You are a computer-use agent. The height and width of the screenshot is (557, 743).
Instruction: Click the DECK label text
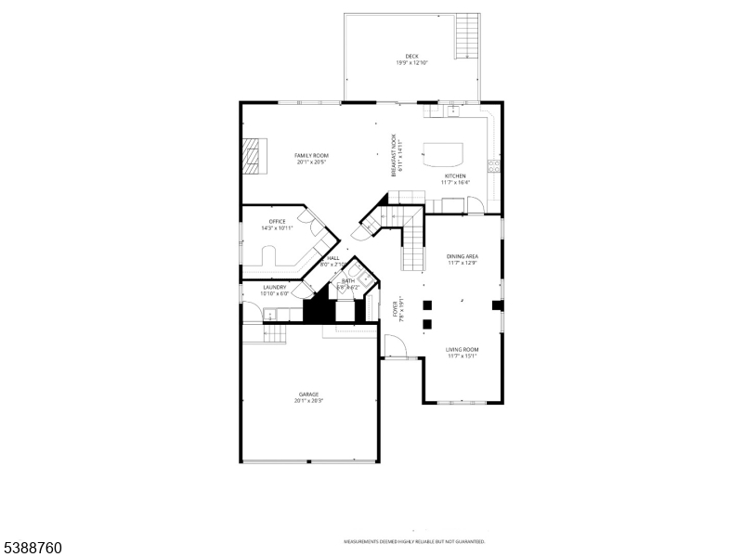[x=411, y=57]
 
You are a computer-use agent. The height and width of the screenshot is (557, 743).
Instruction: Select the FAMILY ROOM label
[x=312, y=155]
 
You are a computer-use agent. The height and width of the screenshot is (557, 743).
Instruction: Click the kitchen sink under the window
[x=452, y=110]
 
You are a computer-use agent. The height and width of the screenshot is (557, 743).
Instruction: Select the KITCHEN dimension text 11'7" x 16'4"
[x=455, y=182]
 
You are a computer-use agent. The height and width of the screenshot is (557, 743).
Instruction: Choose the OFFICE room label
[x=278, y=221]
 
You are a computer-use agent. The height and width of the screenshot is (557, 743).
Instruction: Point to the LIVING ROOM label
[x=462, y=349]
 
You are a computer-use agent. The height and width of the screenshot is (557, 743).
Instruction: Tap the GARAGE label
[x=308, y=394]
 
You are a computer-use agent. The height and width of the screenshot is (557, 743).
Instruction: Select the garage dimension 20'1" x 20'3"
[x=308, y=401]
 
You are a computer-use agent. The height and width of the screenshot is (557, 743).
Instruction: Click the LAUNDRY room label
[x=275, y=287]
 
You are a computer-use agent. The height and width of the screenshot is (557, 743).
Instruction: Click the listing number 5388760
[x=33, y=549]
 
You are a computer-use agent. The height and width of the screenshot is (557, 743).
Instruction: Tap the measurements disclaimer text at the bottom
[x=414, y=541]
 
